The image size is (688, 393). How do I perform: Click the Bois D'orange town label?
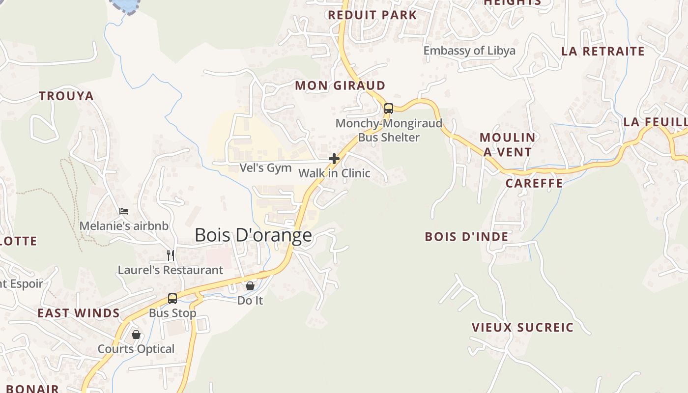253,235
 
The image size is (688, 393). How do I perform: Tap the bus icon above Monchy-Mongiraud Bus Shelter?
389,109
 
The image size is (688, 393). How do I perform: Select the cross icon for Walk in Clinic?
334,159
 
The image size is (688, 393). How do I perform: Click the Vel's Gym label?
265,168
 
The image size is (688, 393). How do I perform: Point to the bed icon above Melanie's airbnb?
124,211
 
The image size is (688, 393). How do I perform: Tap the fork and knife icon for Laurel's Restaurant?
171,255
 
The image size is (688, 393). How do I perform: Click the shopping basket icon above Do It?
250,285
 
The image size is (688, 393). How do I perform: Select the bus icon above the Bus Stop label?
172,298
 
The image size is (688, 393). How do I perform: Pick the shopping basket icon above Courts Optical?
136,335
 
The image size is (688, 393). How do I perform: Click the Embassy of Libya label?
469,51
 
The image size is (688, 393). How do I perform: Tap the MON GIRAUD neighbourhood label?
340,85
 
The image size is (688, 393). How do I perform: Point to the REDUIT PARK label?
373,15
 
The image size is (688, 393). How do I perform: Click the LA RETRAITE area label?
602,51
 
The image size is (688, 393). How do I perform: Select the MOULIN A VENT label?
507,144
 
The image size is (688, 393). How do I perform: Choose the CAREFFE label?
534,183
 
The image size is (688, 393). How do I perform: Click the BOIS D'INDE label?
466,237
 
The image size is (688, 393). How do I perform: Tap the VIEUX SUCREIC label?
522,327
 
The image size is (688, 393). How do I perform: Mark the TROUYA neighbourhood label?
66,96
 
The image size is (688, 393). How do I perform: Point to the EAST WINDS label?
79,313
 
